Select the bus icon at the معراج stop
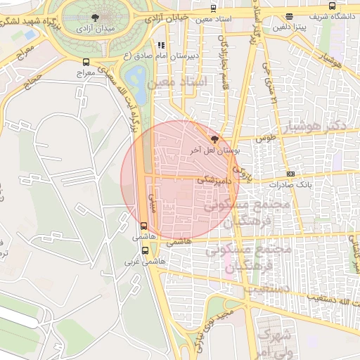pyautogui.click(x=86, y=62)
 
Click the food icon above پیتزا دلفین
pyautogui.click(x=290, y=16)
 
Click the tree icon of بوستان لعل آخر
pyautogui.click(x=214, y=139)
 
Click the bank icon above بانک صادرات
pyautogui.click(x=290, y=174)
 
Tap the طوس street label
pyautogui.click(x=264, y=139)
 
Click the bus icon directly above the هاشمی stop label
pyautogui.click(x=144, y=226)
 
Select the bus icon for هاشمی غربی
pyautogui.click(x=146, y=250)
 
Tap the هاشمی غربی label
pyautogui.click(x=146, y=261)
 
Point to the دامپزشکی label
pyautogui.click(x=212, y=180)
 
